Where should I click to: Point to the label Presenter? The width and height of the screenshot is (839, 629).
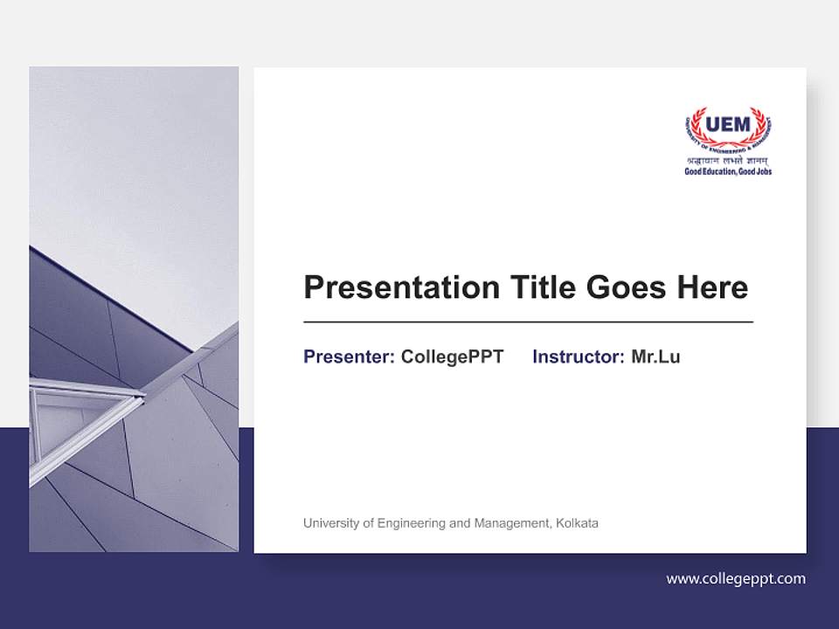(x=349, y=356)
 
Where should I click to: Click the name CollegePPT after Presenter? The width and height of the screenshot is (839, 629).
(x=452, y=356)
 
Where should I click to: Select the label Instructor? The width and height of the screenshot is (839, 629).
(x=578, y=356)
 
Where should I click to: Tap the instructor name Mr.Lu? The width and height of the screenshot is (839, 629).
(x=655, y=356)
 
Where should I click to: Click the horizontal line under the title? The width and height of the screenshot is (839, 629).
(x=528, y=322)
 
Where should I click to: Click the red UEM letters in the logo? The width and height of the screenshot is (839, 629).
(x=728, y=125)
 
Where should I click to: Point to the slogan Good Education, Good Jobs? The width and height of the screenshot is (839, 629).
(x=728, y=171)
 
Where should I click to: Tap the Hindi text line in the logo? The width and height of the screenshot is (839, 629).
(x=728, y=161)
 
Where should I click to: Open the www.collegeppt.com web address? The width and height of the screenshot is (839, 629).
(x=736, y=578)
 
